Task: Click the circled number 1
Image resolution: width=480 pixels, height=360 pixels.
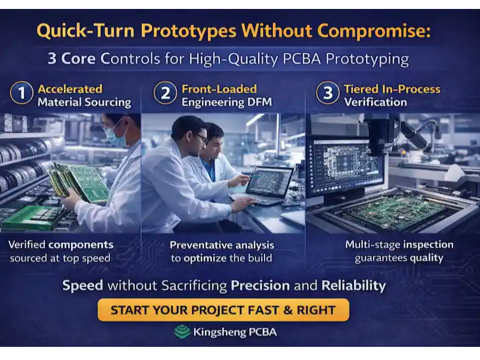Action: pos(21,94)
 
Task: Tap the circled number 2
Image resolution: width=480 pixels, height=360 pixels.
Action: pos(165,94)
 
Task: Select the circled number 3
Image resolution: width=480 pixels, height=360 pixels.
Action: pos(327,94)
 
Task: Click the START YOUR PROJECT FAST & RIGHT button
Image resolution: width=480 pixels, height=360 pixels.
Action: pos(223,310)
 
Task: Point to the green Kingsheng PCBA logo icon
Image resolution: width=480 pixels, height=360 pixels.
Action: pos(182,332)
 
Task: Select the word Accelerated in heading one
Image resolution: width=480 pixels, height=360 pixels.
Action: pos(70,89)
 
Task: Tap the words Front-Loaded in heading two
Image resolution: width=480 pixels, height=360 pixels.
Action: pos(219,89)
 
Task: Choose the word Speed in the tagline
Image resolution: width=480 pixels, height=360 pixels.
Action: pos(82,285)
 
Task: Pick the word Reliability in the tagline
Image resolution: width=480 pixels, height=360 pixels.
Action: pos(353,285)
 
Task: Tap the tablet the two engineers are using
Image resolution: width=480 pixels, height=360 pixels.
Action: pos(269,182)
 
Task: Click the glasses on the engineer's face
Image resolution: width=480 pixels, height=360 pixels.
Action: pos(202,139)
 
